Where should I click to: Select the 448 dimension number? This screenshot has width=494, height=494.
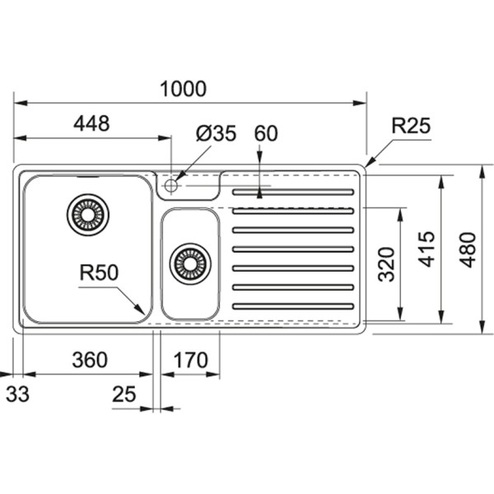point(91,123)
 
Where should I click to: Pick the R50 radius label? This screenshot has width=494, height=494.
point(97,273)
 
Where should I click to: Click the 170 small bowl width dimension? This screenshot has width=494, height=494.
point(190,360)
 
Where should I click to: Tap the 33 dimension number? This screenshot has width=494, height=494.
point(17,394)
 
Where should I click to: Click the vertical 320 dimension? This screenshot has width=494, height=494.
point(388,263)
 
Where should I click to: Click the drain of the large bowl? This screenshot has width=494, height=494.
point(87,215)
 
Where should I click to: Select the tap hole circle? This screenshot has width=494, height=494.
point(171,185)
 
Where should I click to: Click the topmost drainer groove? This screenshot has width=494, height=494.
point(293,193)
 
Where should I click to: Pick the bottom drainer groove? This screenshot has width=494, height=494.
point(293,306)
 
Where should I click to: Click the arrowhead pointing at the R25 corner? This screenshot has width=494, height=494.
point(367,164)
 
